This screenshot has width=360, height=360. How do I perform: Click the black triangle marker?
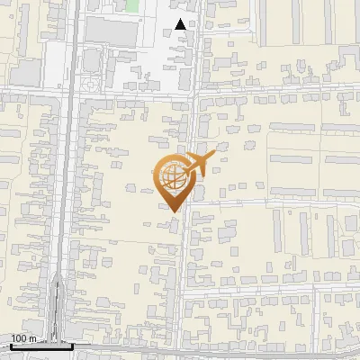(x=181, y=24)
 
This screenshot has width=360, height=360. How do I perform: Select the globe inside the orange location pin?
(x=172, y=177)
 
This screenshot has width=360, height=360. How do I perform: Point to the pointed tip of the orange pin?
(x=173, y=211)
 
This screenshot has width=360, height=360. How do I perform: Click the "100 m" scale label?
(x=22, y=338)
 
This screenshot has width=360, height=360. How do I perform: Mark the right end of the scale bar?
(x=72, y=346)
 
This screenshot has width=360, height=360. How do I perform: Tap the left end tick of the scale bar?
(x=10, y=345)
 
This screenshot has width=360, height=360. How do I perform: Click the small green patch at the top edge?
(x=132, y=5)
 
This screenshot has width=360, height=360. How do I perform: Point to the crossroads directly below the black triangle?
(x=193, y=91)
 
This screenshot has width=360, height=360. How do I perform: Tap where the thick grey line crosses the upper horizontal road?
(x=69, y=91)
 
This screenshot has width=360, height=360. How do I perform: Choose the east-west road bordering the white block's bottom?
(x=135, y=91)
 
